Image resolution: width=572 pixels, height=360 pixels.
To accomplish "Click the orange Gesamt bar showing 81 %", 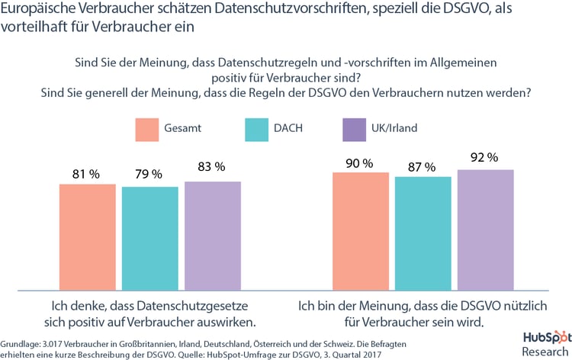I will point(87,236).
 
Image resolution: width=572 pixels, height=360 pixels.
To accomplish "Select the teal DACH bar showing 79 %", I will point(150,238).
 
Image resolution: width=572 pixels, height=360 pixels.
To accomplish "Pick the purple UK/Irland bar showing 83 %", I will point(213,236).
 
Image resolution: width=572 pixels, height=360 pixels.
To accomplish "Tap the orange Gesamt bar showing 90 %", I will point(361,231).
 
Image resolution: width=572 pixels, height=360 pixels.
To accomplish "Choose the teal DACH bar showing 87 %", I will point(423,233).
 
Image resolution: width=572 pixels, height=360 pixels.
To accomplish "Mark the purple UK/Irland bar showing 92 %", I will point(486,230).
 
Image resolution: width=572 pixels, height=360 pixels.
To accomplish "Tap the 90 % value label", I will point(357,163).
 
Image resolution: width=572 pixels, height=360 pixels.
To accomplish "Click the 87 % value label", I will point(422,166).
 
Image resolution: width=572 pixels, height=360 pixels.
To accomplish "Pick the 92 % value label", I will point(483,158).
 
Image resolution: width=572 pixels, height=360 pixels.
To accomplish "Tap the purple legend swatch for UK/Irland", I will point(355,128).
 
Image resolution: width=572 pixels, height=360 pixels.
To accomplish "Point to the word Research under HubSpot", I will point(545,351).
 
